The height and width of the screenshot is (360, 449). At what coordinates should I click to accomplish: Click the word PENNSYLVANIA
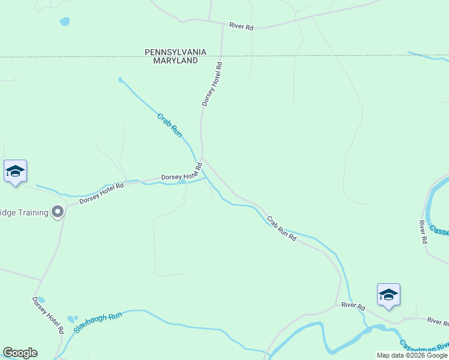[175, 52]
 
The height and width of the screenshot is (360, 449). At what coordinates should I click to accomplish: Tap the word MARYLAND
[175, 61]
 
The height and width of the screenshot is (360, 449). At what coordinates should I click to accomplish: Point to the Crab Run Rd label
[282, 229]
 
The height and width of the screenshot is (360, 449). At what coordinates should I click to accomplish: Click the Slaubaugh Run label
[98, 322]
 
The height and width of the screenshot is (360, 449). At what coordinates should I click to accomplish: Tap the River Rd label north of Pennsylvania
[241, 26]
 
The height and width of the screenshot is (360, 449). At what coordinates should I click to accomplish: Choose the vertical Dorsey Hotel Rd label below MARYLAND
[212, 85]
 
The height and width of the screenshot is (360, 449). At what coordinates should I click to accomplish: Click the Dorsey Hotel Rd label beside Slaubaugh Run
[49, 316]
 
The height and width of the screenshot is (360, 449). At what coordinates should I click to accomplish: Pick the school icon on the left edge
[15, 172]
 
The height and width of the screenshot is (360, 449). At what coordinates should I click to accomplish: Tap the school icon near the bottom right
[388, 295]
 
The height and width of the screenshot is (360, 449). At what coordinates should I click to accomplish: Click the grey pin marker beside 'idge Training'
[58, 212]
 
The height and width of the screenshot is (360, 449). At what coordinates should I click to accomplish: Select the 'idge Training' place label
[24, 212]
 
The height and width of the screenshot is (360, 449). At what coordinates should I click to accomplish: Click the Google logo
[20, 353]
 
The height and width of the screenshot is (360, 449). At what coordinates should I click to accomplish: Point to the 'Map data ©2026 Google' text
[412, 355]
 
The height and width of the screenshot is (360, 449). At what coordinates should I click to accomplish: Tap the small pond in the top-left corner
[64, 22]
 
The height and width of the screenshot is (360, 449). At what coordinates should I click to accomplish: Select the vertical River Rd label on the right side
[422, 232]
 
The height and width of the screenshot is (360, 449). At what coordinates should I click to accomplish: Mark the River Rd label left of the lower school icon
[353, 306]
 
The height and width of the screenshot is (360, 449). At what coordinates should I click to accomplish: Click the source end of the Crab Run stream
[121, 79]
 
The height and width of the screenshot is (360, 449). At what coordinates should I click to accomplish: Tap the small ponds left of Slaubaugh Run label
[73, 319]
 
